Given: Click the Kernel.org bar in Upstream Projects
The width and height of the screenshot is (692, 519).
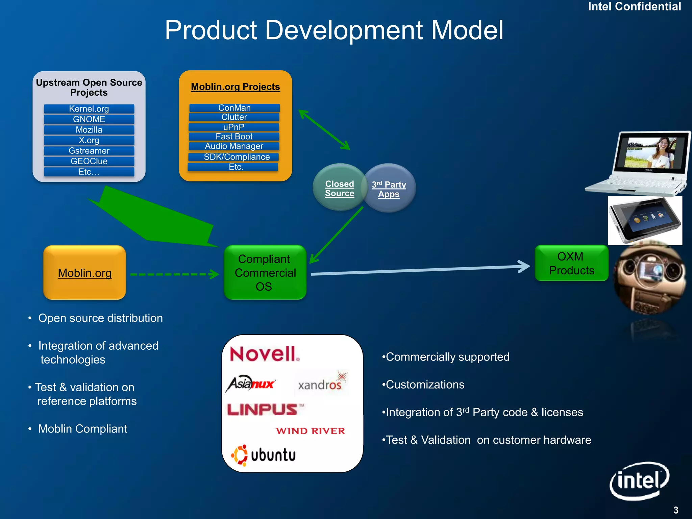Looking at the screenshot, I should click(89, 109).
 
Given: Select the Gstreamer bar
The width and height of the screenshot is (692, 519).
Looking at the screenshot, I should click(89, 151).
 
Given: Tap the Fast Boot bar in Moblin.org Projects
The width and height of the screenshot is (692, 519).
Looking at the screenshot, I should click(234, 137).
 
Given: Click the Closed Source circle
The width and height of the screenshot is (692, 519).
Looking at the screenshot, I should click(339, 188).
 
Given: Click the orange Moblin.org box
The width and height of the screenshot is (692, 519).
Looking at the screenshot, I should click(84, 273).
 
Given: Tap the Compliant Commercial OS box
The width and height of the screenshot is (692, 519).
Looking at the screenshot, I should click(265, 272).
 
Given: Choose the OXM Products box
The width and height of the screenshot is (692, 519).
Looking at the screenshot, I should click(571, 263).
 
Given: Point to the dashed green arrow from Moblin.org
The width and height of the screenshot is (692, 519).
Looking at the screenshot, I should click(174, 274).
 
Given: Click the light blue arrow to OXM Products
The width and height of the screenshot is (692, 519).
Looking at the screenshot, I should click(419, 270).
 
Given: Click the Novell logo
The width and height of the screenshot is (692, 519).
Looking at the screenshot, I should click(264, 354).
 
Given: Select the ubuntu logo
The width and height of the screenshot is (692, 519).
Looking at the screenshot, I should click(264, 455).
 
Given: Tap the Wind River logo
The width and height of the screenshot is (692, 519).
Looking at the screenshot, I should click(310, 431).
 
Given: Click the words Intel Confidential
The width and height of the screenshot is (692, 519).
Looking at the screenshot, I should click(634, 7).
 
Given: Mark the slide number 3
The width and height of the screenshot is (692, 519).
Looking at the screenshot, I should click(675, 510).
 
